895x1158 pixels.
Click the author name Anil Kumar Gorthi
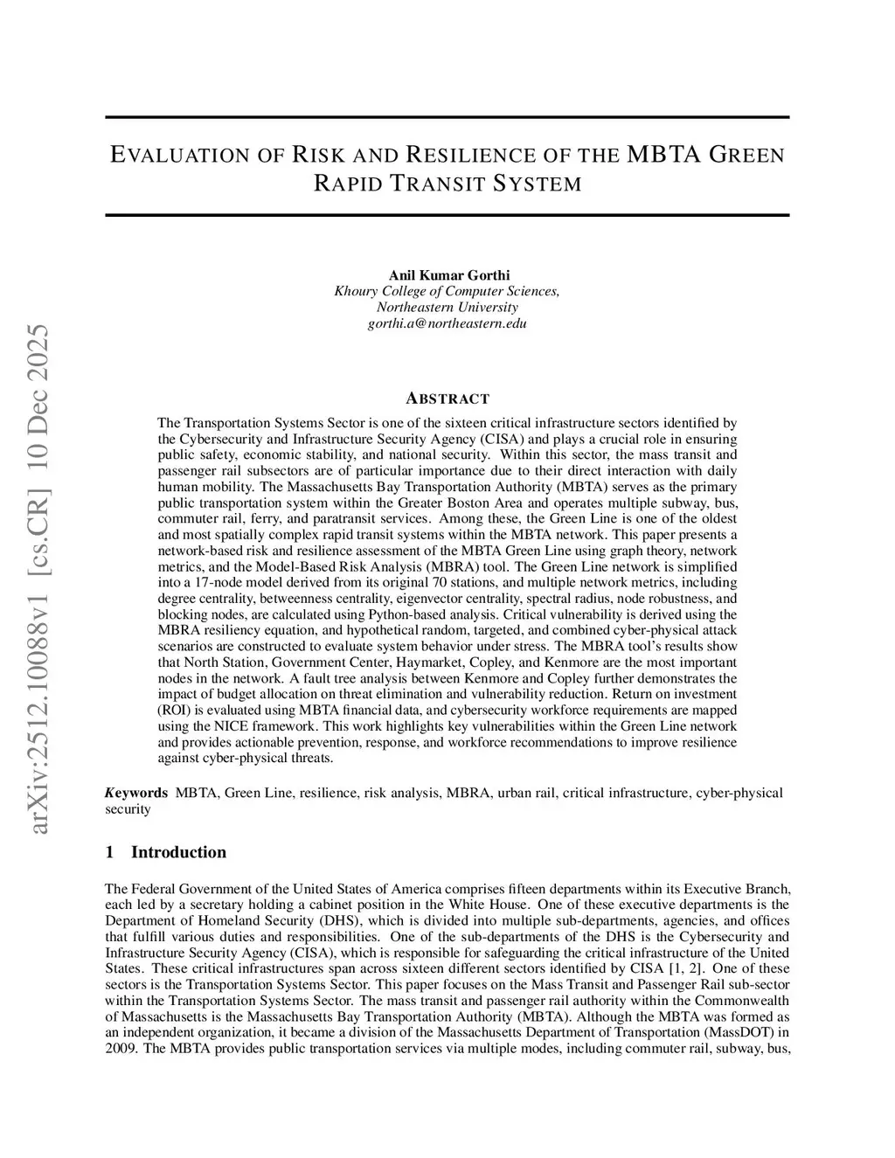447,275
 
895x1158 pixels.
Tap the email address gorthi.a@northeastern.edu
447,323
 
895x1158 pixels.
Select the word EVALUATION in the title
180,156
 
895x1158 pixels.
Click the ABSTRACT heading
447,399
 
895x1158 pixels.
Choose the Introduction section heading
178,852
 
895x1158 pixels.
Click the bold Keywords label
136,793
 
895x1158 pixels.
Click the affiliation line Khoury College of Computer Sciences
447,291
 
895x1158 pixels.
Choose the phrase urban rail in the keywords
525,793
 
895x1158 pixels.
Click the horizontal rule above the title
447,117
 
